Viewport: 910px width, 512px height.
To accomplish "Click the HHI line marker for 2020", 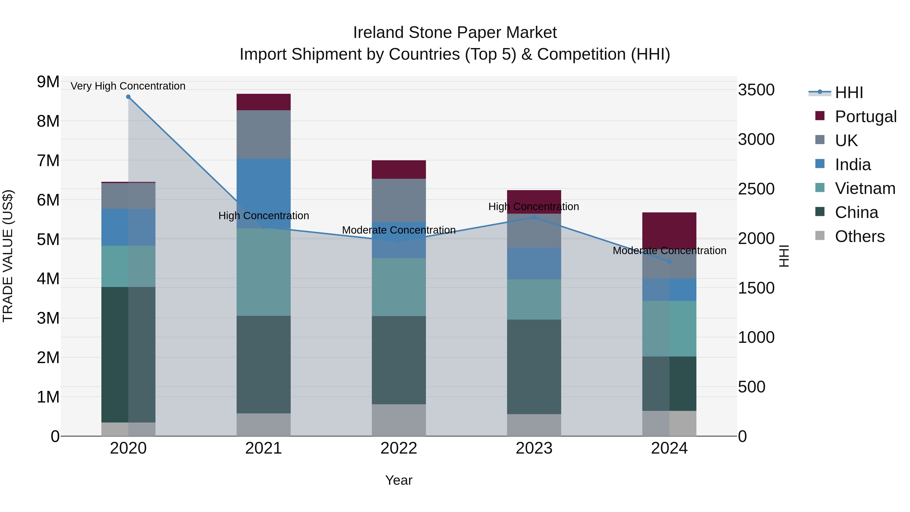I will pyautogui.click(x=128, y=97).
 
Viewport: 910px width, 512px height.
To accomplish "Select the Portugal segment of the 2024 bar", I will pyautogui.click(x=669, y=230).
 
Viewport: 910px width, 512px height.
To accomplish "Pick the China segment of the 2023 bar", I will pyautogui.click(x=534, y=367).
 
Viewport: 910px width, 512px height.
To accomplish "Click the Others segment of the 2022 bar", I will pyautogui.click(x=398, y=420).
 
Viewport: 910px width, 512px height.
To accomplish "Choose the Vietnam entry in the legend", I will pyautogui.click(x=865, y=188).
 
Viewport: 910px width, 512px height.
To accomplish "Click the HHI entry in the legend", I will pyautogui.click(x=849, y=93).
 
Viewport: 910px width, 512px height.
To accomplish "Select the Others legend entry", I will pyautogui.click(x=859, y=236).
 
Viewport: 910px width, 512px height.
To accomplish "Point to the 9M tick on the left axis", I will pyautogui.click(x=48, y=82).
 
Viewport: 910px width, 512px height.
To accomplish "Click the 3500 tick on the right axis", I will pyautogui.click(x=756, y=90).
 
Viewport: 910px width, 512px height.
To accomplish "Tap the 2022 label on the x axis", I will pyautogui.click(x=398, y=448).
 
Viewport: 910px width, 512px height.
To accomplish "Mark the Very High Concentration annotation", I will pyautogui.click(x=128, y=86).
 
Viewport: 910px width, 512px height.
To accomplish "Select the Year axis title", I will pyautogui.click(x=398, y=480).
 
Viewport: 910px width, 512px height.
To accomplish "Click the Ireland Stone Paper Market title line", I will pyautogui.click(x=455, y=33).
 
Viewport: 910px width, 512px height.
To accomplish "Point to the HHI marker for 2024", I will pyautogui.click(x=669, y=261).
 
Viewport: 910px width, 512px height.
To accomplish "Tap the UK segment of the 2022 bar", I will pyautogui.click(x=398, y=200).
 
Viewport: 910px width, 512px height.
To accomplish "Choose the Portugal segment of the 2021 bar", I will pyautogui.click(x=264, y=102).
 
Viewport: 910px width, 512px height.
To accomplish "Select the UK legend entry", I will pyautogui.click(x=846, y=141).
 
